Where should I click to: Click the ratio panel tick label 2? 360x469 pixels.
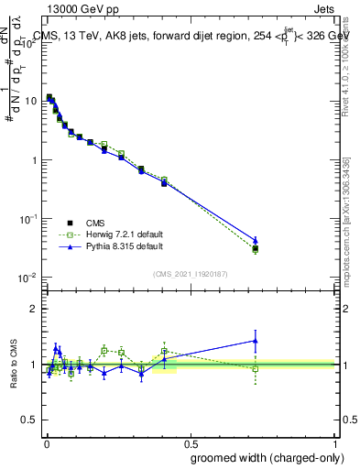[33, 309]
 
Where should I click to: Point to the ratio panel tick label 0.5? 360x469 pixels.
[28, 420]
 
